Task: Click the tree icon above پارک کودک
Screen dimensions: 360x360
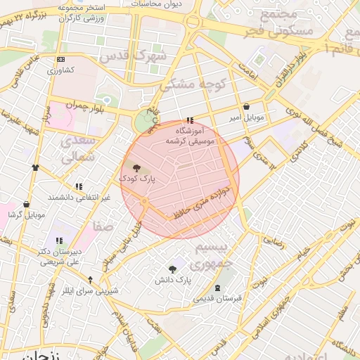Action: coord(136,168)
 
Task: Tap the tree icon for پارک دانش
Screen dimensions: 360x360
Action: coord(173,269)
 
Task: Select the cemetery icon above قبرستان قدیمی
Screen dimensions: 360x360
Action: coord(217,287)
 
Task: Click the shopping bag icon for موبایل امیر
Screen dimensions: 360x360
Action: coord(245,107)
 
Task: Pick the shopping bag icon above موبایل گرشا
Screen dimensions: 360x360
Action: coord(27,204)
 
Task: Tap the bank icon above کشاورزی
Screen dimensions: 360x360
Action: coord(60,60)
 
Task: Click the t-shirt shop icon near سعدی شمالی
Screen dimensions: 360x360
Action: coord(36,167)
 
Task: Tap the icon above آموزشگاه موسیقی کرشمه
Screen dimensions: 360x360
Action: coord(189,120)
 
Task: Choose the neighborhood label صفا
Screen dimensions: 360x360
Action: coord(102,226)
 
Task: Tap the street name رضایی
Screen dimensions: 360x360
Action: coord(273,240)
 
